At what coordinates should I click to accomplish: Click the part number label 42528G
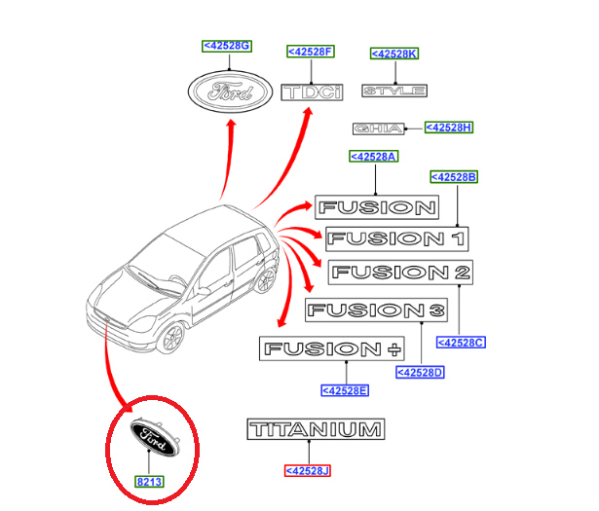pos(226,45)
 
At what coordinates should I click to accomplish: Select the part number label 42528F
pos(310,51)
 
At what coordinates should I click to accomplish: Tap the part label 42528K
pos(393,54)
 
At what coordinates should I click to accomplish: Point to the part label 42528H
pos(450,128)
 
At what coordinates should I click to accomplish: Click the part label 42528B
pos(454,176)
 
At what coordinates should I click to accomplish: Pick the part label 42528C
pos(460,342)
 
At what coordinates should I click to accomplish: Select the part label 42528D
pos(420,372)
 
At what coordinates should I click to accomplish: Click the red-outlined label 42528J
pos(308,471)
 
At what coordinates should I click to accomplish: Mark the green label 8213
pos(150,481)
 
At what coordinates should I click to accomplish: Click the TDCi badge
pos(313,92)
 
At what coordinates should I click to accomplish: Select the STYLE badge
pos(394,91)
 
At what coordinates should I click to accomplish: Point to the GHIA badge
pos(375,128)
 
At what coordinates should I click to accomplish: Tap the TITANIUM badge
pos(316,429)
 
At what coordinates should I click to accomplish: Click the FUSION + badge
pos(318,348)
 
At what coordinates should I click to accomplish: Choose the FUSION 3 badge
pos(376,310)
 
